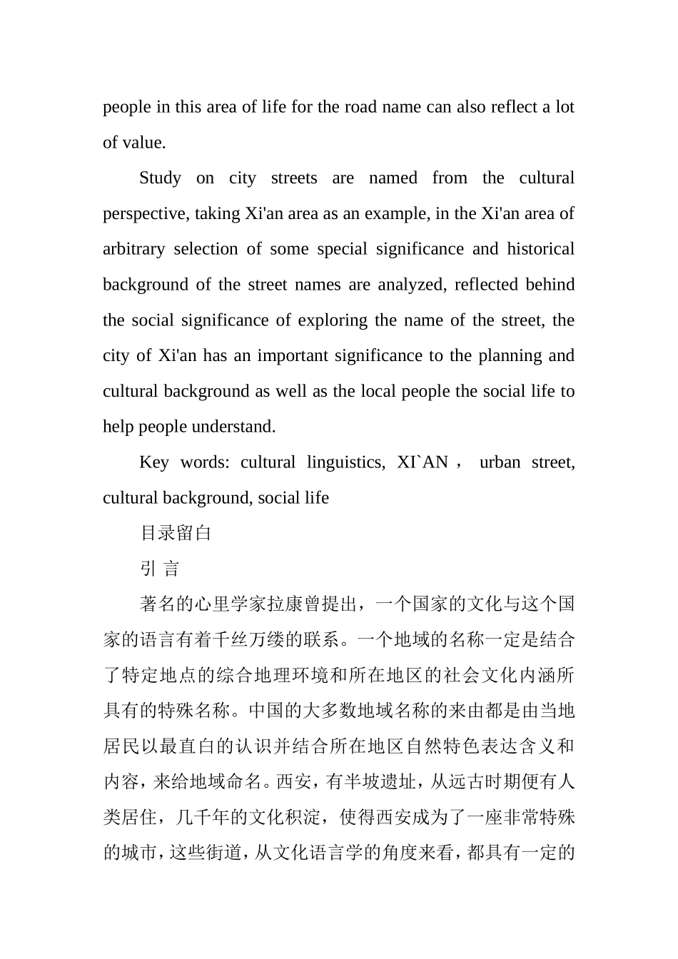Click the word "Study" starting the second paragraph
coord(160,178)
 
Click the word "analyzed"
coord(410,285)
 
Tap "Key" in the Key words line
coord(153,462)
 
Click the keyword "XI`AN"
coord(423,462)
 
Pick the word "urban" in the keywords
coord(500,462)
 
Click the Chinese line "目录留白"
coord(176,533)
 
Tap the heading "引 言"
coord(160,569)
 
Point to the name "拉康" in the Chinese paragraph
coord(285,604)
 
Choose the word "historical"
coord(540,249)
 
